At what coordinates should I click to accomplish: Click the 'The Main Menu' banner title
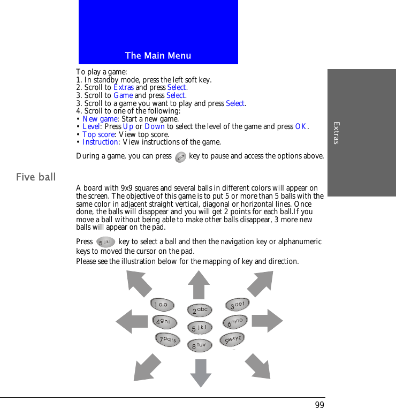click(158, 56)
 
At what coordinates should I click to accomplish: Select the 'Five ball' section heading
click(36, 177)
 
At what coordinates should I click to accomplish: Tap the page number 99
click(319, 404)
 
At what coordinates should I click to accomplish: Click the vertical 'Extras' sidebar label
click(336, 133)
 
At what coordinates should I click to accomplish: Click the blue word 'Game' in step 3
click(123, 95)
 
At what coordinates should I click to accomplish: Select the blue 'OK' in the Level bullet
click(301, 127)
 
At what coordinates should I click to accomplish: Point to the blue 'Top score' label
click(98, 134)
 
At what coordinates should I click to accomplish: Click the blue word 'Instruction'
click(100, 142)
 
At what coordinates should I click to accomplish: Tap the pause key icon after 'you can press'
click(180, 157)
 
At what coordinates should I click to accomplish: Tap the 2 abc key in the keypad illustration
click(199, 311)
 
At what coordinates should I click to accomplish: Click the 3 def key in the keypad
click(237, 305)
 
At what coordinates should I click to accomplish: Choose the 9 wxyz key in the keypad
click(232, 339)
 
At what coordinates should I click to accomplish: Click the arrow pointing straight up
click(199, 284)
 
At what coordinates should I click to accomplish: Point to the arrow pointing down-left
click(147, 367)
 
